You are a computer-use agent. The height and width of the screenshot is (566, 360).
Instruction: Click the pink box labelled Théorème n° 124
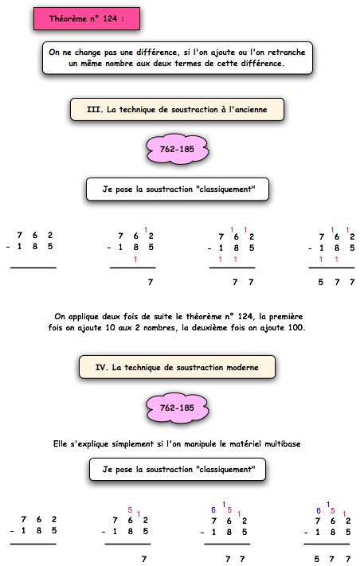point(87,18)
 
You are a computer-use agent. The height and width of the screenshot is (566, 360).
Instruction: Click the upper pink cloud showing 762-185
point(178,149)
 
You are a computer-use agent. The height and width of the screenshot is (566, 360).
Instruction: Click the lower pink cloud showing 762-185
point(178,408)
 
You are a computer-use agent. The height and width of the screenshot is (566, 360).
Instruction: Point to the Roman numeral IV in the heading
point(101,368)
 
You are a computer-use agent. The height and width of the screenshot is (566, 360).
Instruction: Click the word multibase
point(283,443)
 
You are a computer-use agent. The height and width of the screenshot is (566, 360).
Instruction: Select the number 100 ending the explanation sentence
point(296,328)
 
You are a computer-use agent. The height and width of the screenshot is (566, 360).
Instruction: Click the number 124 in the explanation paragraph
point(245,317)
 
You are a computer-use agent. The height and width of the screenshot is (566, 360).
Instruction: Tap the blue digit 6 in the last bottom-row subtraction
point(319,510)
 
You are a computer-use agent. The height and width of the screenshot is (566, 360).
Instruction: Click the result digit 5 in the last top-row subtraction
point(321,282)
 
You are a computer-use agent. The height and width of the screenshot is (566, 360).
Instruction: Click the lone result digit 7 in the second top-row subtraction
point(151,283)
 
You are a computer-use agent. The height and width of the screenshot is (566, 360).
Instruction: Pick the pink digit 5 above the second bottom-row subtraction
point(130,510)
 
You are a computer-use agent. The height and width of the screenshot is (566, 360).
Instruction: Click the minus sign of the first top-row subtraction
point(8,248)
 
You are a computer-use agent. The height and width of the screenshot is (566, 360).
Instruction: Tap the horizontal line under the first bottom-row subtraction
point(33,544)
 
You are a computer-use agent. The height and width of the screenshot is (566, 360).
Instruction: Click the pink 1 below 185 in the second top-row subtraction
point(135,259)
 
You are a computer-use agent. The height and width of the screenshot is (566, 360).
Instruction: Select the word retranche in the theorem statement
point(287,52)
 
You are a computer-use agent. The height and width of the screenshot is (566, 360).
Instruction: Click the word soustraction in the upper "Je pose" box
point(169,189)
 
